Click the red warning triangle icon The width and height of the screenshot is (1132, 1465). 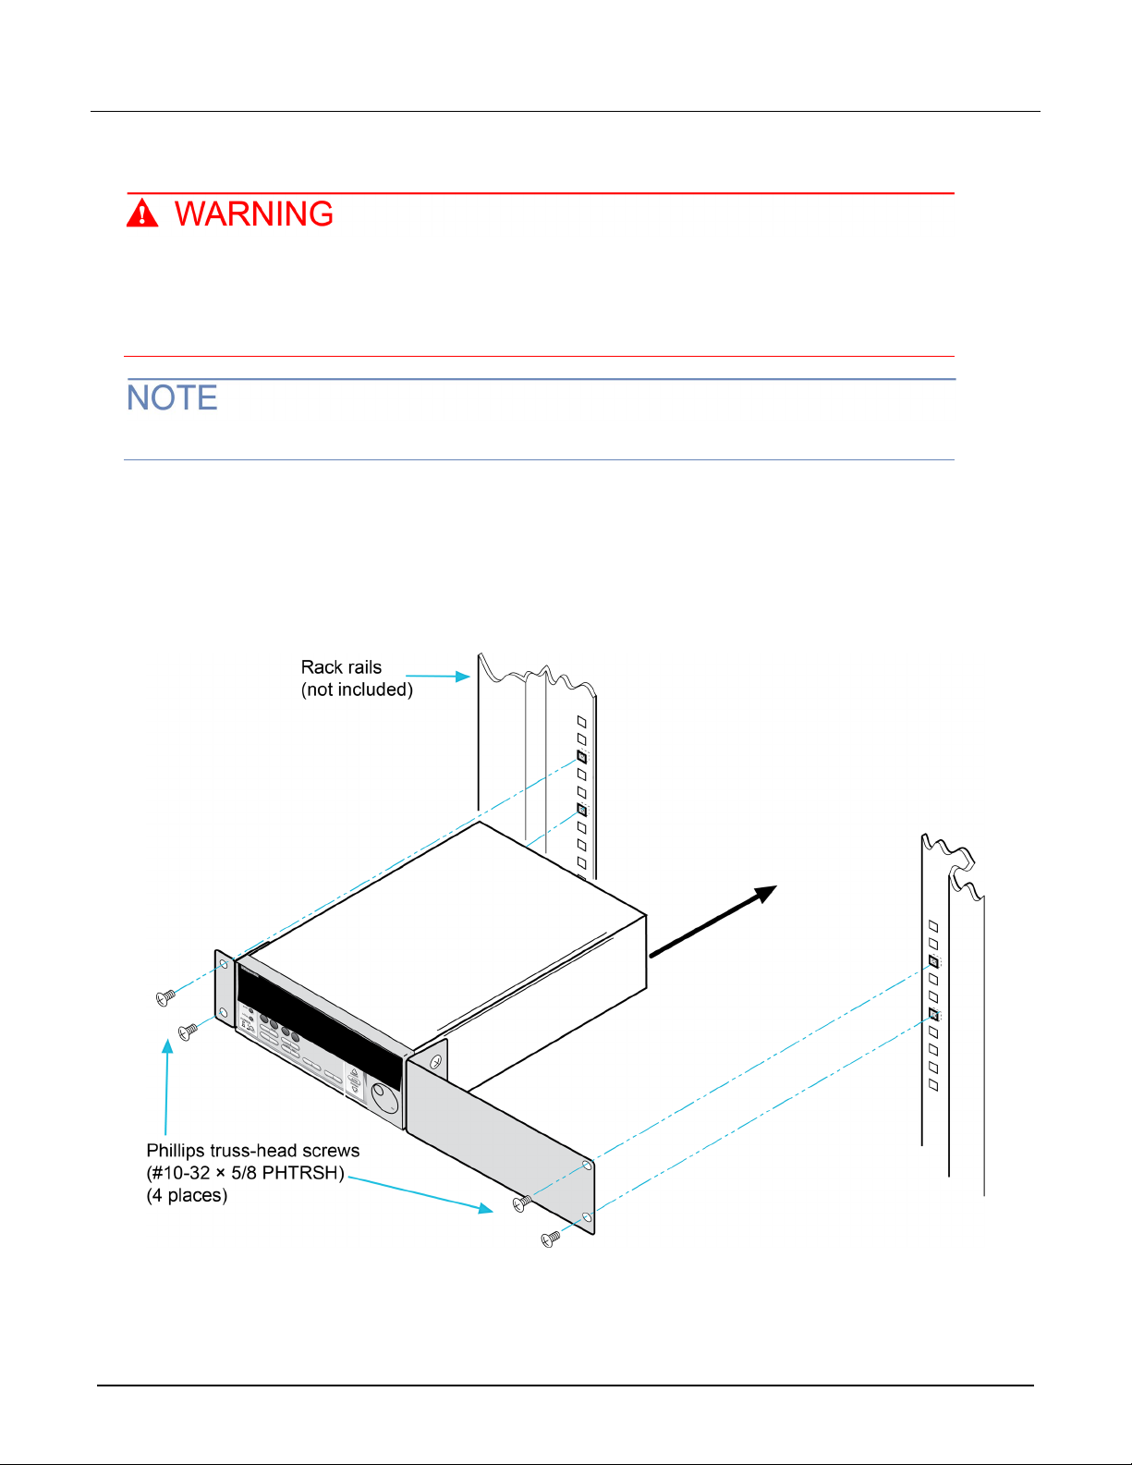(142, 213)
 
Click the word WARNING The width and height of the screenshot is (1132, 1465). (254, 214)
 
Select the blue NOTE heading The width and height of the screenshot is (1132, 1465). (172, 397)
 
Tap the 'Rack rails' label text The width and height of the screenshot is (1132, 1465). (341, 667)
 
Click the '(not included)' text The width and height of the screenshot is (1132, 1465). (357, 690)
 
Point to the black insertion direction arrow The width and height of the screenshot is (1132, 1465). (712, 921)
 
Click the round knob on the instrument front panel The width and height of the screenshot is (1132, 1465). (384, 1097)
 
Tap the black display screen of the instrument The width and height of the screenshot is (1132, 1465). (320, 1025)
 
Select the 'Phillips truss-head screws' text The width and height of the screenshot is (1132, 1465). (252, 1150)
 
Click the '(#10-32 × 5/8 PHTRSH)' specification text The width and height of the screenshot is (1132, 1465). (245, 1173)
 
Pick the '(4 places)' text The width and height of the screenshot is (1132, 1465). (187, 1195)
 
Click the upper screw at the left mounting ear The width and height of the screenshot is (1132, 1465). (165, 998)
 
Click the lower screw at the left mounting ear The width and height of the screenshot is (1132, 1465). (188, 1032)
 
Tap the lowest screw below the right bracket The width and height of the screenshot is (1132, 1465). (551, 1239)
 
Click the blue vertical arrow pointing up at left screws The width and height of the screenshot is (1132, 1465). (167, 1087)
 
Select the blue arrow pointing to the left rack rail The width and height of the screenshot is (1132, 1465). (437, 677)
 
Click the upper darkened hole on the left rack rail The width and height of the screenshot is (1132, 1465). (582, 757)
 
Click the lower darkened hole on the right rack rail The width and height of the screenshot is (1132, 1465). (933, 1014)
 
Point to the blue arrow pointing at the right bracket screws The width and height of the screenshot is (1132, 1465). (420, 1195)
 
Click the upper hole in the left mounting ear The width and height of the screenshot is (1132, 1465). (224, 965)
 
